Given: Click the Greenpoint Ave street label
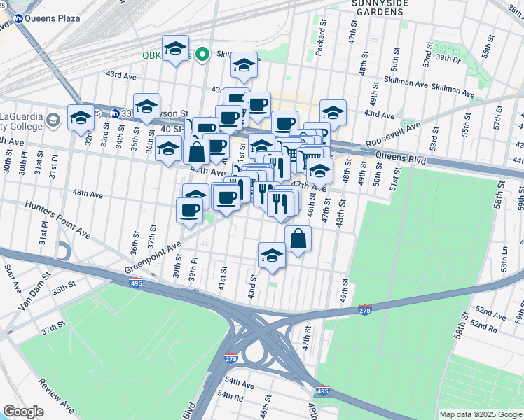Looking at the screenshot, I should click(153, 258).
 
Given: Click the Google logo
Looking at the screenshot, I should click(22, 412).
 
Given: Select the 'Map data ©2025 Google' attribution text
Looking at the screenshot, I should click(480, 414).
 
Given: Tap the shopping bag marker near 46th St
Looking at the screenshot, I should click(298, 238).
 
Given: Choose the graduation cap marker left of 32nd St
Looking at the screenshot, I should click(81, 117).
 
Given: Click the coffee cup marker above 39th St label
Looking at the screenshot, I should click(188, 209).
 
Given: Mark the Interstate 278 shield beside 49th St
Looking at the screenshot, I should click(365, 310).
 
